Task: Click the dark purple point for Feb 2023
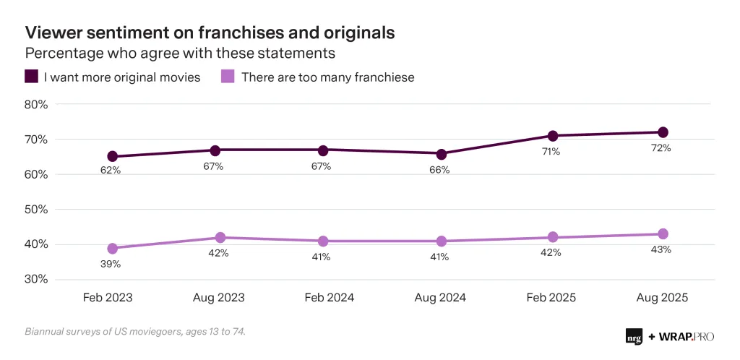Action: coord(113,156)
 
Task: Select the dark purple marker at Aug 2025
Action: coord(662,132)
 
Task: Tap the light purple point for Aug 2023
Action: coord(220,238)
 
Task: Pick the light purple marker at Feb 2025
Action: coord(553,237)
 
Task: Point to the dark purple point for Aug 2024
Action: coord(442,154)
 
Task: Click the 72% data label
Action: coord(661,148)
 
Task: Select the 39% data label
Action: coord(111,264)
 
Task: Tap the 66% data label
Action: coord(439,170)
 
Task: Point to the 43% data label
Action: coord(661,249)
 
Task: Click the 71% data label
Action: coord(552,152)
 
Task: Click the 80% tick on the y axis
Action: coord(37,104)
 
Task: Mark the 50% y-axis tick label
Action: coord(37,210)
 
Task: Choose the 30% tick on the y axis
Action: coord(37,280)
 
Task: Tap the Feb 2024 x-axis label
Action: coord(330,297)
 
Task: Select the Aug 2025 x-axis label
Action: coord(661,297)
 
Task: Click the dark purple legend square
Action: coord(31,77)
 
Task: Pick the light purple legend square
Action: coord(227,77)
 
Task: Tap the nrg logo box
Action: coord(634,336)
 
